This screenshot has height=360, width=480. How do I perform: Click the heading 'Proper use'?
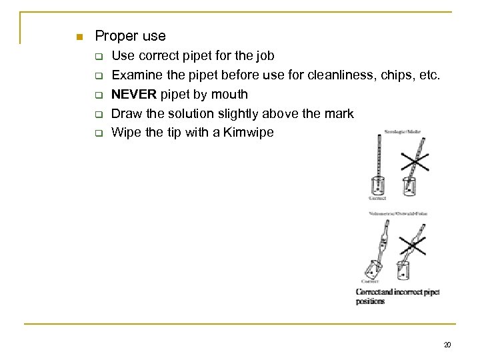[x=130, y=35]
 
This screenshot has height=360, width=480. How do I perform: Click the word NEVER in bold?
[x=134, y=94]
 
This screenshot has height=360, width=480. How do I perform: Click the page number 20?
[x=447, y=344]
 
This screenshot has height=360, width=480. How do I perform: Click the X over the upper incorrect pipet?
[x=415, y=160]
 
